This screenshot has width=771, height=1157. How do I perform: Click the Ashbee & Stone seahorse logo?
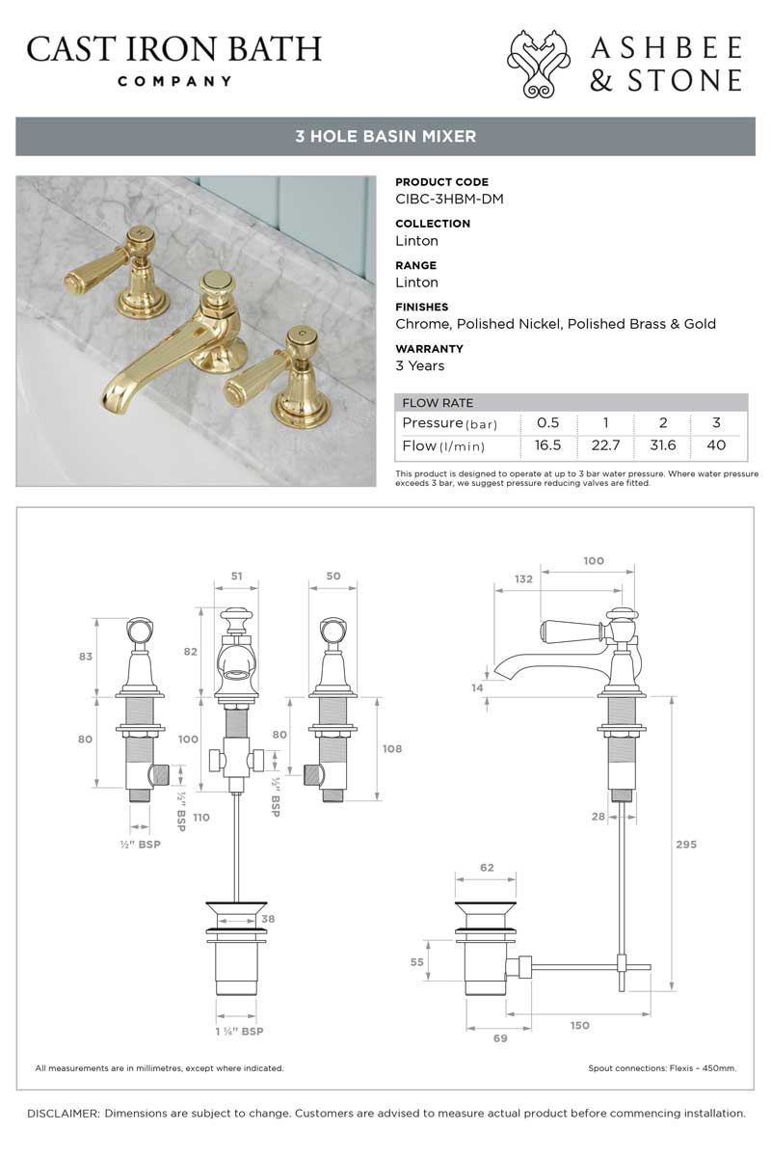coord(539,64)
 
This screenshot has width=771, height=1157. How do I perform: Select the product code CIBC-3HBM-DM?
coord(449,199)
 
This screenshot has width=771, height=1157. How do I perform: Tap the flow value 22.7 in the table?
coord(605,444)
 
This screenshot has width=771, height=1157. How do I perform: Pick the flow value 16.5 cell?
coord(547,444)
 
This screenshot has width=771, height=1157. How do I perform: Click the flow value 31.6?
coord(662,444)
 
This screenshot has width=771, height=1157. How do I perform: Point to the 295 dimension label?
coord(686,844)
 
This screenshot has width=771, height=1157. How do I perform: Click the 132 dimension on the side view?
coord(523,579)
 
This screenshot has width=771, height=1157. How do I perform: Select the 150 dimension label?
coord(579,1025)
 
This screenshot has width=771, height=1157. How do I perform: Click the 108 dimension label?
coord(392,748)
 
